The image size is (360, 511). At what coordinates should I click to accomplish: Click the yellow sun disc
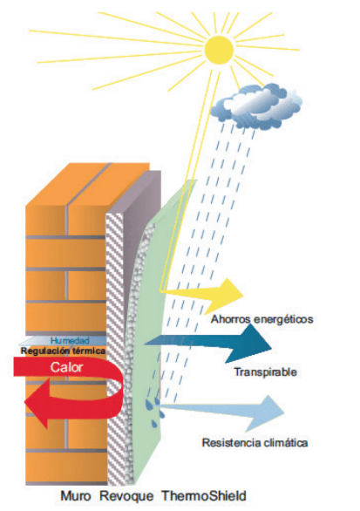[x=220, y=50]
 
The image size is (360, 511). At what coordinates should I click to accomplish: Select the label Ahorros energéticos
[x=262, y=319]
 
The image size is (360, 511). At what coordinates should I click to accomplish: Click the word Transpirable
[x=266, y=372]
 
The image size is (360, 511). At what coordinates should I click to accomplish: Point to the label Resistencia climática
[x=255, y=443]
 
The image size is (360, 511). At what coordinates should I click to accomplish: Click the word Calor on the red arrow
[x=66, y=367]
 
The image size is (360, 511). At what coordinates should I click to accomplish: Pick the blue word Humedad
[x=70, y=341]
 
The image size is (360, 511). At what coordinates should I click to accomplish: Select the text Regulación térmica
[x=63, y=351]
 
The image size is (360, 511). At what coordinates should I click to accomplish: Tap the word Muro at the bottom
[x=76, y=496]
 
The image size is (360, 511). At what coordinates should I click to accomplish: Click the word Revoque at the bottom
[x=126, y=496]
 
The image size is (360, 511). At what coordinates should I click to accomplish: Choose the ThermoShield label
[x=204, y=496]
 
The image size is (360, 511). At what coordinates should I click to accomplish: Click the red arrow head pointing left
[x=37, y=403]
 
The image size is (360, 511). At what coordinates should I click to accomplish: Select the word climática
[x=286, y=443]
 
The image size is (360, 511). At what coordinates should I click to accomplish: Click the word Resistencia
[x=231, y=443]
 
